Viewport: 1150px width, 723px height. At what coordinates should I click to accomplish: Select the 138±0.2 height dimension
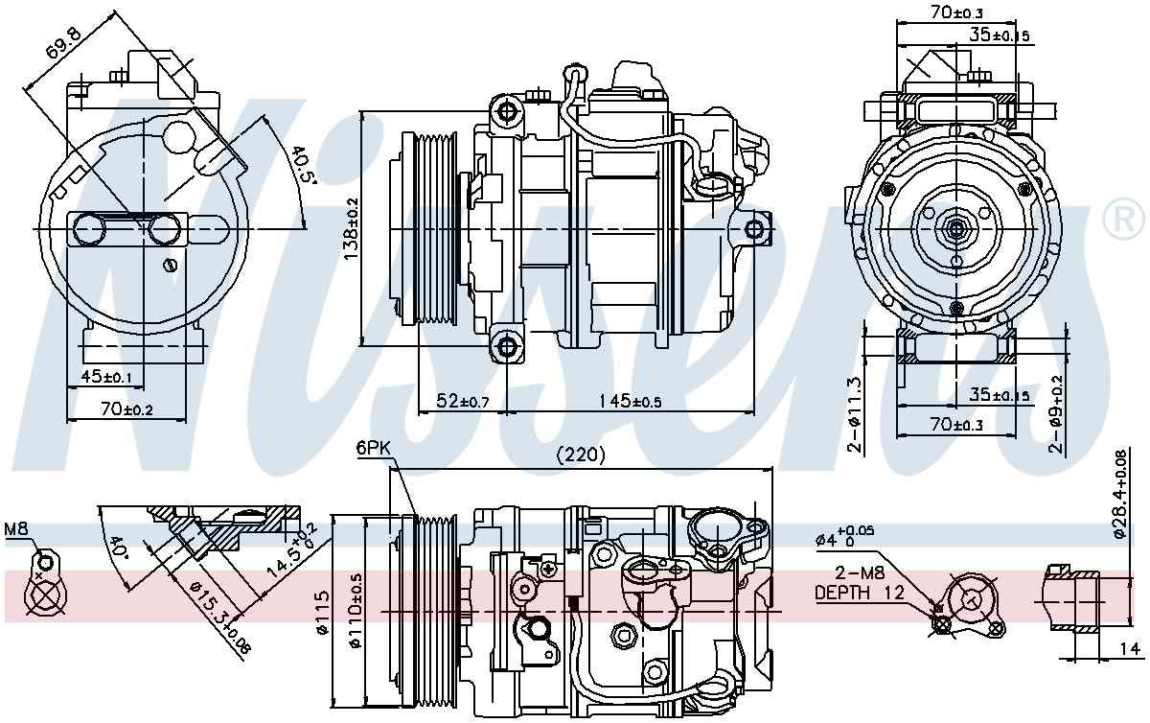pyautogui.click(x=351, y=230)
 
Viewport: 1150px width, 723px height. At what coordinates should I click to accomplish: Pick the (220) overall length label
pyautogui.click(x=582, y=456)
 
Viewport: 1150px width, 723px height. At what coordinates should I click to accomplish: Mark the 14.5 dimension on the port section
pyautogui.click(x=285, y=552)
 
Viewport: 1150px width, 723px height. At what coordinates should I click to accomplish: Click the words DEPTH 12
pyautogui.click(x=859, y=593)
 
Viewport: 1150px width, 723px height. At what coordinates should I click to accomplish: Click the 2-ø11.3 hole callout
pyautogui.click(x=856, y=413)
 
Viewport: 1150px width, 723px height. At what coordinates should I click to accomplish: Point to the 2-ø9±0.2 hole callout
pyautogui.click(x=1055, y=411)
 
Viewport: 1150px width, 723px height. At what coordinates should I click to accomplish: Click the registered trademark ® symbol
pyautogui.click(x=1124, y=222)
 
